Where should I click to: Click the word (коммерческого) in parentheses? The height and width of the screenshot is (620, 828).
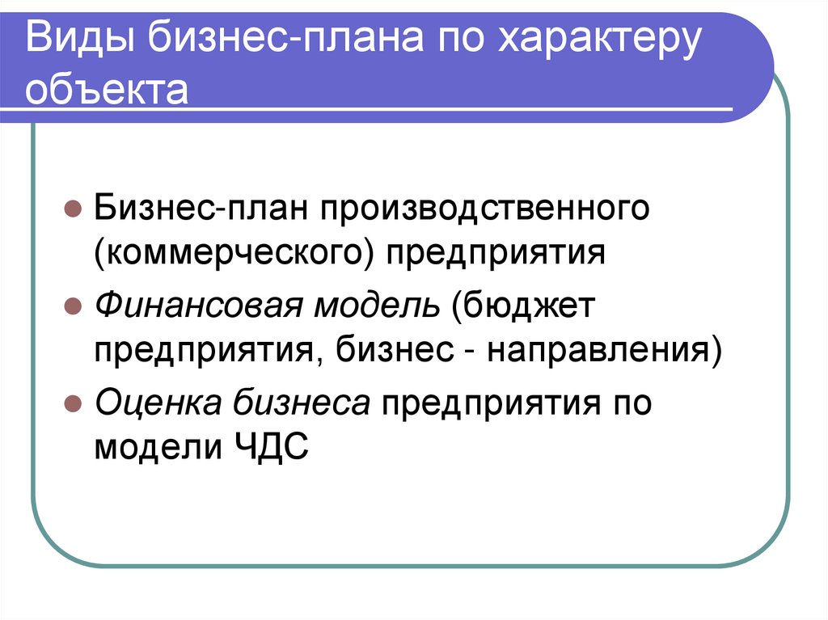pyautogui.click(x=234, y=252)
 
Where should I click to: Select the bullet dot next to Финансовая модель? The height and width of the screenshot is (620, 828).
pyautogui.click(x=71, y=308)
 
